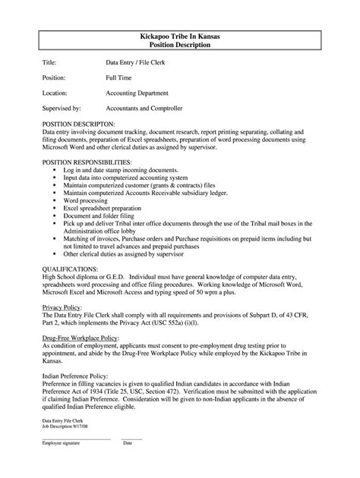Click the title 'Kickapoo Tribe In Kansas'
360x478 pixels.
point(179,36)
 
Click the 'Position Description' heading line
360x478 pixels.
point(179,46)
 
